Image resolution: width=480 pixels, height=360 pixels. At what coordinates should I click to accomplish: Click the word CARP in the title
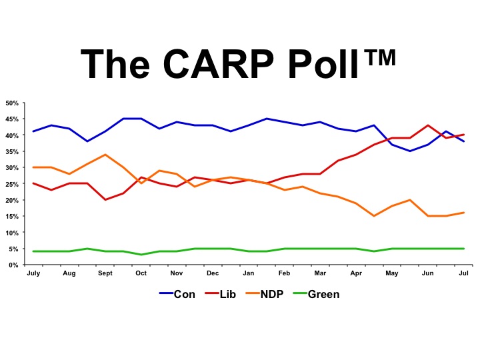tap(218, 64)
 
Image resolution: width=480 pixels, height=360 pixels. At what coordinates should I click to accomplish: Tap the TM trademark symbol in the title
tap(382, 57)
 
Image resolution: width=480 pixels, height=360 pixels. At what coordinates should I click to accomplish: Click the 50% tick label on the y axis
tap(12, 103)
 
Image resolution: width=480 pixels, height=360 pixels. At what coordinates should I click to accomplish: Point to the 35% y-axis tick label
tap(12, 152)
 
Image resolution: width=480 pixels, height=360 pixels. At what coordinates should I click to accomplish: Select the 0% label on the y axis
tap(14, 265)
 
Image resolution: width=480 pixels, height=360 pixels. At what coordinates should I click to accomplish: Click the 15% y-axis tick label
tap(12, 217)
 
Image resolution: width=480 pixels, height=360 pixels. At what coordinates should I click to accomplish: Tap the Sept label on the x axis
tap(105, 273)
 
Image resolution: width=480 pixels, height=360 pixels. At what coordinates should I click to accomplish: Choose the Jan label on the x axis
tap(248, 273)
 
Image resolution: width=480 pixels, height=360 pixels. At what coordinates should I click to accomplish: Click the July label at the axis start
tap(33, 273)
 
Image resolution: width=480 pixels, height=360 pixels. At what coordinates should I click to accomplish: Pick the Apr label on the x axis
tap(356, 273)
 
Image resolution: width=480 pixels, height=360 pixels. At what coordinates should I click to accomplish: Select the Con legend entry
tap(177, 294)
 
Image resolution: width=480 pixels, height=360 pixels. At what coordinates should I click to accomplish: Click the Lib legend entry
tap(221, 294)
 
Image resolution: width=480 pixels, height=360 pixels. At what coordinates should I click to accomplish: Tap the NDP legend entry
tap(265, 294)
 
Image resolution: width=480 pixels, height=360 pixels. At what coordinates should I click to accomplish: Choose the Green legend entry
tap(316, 294)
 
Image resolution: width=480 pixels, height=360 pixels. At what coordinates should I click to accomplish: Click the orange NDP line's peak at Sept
tap(105, 155)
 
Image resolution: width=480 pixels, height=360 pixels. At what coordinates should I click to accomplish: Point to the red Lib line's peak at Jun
tap(427, 125)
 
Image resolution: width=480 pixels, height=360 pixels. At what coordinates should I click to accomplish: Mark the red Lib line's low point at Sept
tap(105, 199)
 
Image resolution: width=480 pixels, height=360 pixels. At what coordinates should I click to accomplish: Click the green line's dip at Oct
tap(141, 255)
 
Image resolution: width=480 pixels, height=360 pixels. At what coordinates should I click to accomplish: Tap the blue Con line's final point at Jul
tap(464, 141)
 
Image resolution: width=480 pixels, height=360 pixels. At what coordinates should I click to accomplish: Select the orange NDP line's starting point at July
tap(33, 167)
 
